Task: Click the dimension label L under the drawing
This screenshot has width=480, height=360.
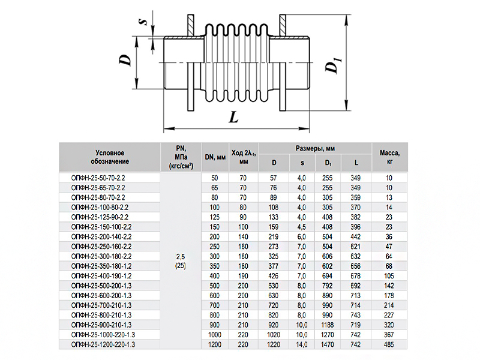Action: (x=233, y=117)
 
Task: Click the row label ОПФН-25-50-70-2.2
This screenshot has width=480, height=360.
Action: (x=97, y=178)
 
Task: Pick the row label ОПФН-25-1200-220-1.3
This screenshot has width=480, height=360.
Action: (x=103, y=344)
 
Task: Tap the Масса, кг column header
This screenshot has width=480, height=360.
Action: (x=389, y=157)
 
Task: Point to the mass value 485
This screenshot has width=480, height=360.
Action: (x=389, y=344)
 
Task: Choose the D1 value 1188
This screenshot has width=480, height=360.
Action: (x=328, y=324)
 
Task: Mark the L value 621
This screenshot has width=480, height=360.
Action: (x=356, y=246)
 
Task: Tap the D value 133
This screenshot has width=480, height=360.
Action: (x=274, y=217)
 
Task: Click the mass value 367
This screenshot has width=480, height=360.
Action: (x=389, y=334)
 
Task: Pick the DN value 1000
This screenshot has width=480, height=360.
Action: (x=215, y=334)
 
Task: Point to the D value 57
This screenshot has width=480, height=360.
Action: (x=274, y=178)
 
